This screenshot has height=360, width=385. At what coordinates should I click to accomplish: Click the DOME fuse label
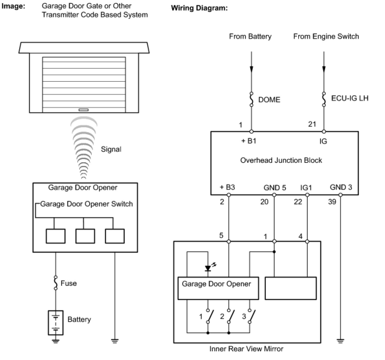point(269,100)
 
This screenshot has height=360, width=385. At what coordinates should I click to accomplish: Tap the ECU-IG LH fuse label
point(350,98)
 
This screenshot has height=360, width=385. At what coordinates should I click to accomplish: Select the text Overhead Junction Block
point(281,160)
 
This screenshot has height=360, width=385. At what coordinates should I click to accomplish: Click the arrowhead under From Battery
point(251,69)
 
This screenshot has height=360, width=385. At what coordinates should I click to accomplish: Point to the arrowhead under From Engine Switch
point(324,69)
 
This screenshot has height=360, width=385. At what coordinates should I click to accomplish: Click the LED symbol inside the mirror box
point(208,268)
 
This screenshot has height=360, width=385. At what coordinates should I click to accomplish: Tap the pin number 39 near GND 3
point(332,202)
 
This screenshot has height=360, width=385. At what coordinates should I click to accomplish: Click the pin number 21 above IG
point(312,124)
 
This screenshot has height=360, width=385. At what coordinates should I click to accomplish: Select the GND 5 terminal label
point(275,188)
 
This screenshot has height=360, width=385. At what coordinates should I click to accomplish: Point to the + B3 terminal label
point(227,187)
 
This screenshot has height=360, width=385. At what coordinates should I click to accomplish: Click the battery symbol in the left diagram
point(56,323)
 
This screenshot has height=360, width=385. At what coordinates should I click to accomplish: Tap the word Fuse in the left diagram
point(69,283)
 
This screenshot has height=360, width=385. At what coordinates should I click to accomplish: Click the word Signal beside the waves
point(111,149)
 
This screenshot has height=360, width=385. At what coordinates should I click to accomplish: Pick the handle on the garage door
point(84,110)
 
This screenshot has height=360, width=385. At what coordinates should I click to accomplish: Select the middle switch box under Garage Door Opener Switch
point(85,236)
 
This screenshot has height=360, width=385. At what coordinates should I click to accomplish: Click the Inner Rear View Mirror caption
point(246,349)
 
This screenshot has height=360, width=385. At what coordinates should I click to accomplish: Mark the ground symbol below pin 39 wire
point(340,341)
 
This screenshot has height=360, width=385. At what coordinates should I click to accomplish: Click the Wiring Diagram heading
point(199,8)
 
